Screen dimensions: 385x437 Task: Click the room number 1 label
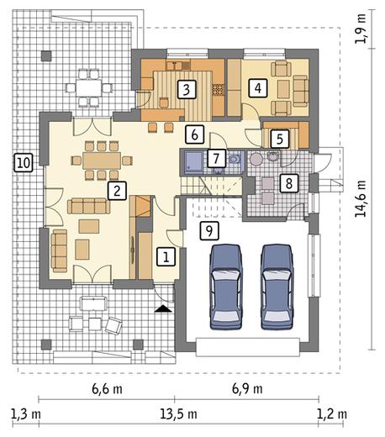pyautogui.click(x=166, y=256)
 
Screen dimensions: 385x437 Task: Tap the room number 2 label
pyautogui.click(x=117, y=191)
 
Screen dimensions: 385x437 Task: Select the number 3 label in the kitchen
pyautogui.click(x=187, y=89)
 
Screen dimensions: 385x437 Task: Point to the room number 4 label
pyautogui.click(x=258, y=88)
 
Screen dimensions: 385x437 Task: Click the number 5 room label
pyautogui.click(x=280, y=139)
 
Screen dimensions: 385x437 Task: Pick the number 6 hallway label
pyautogui.click(x=194, y=134)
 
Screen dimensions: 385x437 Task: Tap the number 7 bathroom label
pyautogui.click(x=216, y=158)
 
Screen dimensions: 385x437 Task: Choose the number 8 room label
pyautogui.click(x=289, y=183)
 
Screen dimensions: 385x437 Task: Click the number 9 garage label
pyautogui.click(x=209, y=230)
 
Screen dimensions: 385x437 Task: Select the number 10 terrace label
pyautogui.click(x=24, y=163)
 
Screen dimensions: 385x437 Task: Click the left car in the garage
pyautogui.click(x=226, y=287)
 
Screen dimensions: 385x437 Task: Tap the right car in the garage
pyautogui.click(x=277, y=287)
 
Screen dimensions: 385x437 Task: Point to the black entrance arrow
pyautogui.click(x=163, y=308)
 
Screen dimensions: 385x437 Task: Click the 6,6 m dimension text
pyautogui.click(x=107, y=389)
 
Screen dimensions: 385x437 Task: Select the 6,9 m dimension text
pyautogui.click(x=247, y=389)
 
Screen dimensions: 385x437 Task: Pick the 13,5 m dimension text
pyautogui.click(x=178, y=414)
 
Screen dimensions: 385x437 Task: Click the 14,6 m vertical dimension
pyautogui.click(x=360, y=198)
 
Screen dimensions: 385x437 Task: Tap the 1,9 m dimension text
pyautogui.click(x=360, y=29)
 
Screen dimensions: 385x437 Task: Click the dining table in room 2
pyautogui.click(x=102, y=161)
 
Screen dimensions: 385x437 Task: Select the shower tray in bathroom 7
pyautogui.click(x=193, y=161)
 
